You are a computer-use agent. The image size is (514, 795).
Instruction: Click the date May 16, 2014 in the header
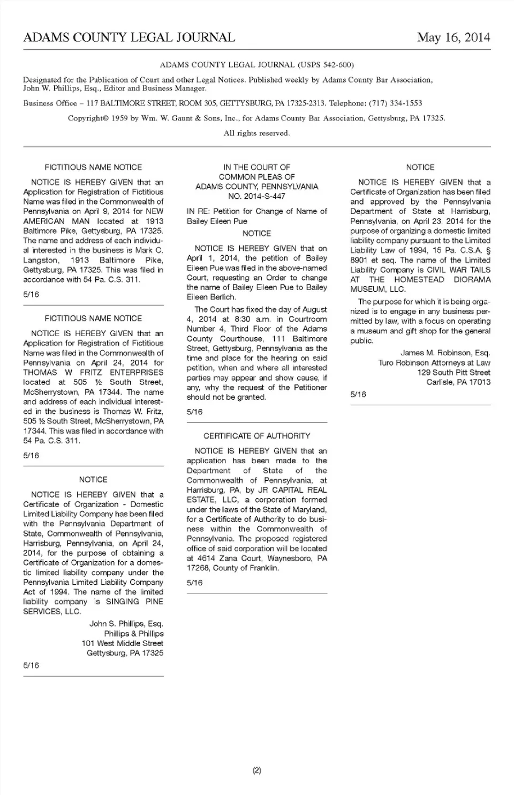[x=453, y=38]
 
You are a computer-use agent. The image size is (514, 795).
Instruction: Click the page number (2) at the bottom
[x=256, y=770]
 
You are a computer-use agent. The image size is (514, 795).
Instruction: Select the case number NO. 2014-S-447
[x=256, y=196]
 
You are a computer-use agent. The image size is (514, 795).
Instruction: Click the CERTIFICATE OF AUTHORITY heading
[x=256, y=436]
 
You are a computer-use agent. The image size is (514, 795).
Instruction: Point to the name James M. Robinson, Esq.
[x=445, y=353]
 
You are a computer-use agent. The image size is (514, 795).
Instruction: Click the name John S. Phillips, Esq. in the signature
[x=126, y=623]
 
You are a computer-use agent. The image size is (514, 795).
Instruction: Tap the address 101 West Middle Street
[x=122, y=643]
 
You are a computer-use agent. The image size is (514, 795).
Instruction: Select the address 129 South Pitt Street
[x=453, y=372]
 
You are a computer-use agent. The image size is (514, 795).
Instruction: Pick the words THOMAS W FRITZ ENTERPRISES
[x=93, y=372]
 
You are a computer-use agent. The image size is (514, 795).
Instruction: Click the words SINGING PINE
[x=134, y=601]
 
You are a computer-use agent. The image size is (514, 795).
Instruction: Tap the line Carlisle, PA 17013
[x=458, y=382]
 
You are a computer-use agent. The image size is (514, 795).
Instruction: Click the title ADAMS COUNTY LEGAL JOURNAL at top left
[x=129, y=38]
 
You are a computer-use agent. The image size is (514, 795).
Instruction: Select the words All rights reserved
[x=256, y=133]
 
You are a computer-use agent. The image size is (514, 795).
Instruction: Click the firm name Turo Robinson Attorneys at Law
[x=434, y=362]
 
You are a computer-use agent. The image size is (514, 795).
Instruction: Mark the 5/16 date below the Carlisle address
[x=358, y=395]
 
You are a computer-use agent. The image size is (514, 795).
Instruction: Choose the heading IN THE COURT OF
[x=256, y=167]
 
